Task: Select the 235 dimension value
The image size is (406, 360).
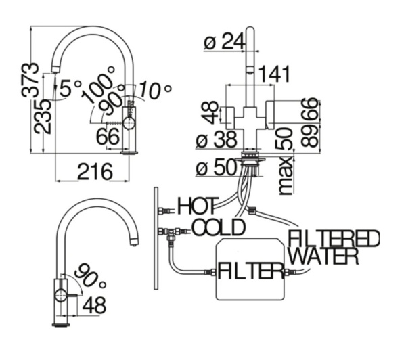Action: coord(42,116)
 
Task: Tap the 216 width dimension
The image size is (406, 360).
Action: coord(94,172)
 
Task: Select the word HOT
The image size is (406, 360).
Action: coord(197,205)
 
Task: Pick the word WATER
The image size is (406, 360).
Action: coord(323,256)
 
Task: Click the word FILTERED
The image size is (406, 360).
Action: coord(334,239)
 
